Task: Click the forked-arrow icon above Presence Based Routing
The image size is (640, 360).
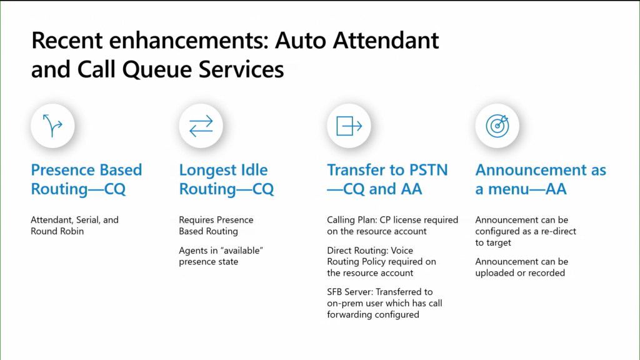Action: click(52, 125)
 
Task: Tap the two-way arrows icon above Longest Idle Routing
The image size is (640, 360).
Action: click(201, 126)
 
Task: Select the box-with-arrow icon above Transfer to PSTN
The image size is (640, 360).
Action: click(349, 126)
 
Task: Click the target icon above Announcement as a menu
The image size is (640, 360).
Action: click(497, 126)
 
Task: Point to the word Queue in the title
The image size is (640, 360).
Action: click(157, 69)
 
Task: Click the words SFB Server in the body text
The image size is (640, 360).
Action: click(350, 292)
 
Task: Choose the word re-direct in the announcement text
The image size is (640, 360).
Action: click(558, 231)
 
